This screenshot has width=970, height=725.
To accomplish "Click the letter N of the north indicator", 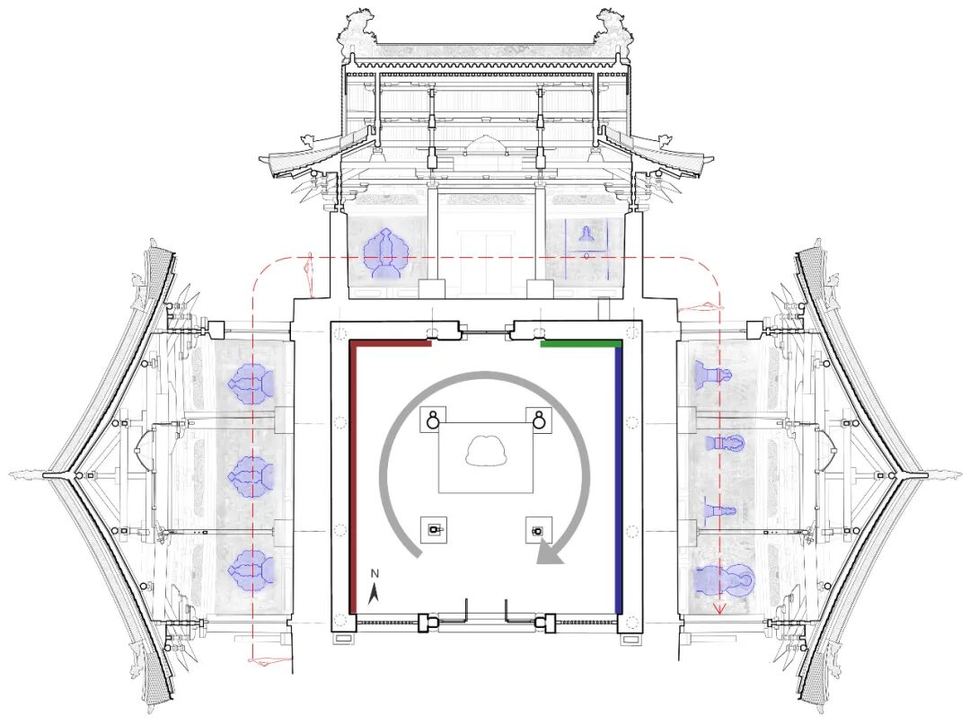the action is [x=375, y=573].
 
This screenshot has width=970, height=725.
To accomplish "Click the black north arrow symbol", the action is [x=374, y=595].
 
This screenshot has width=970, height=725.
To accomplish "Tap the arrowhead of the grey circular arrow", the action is [x=550, y=553].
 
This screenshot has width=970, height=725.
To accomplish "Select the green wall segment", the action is [x=581, y=343].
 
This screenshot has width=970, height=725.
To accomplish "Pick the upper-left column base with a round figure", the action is [x=433, y=420].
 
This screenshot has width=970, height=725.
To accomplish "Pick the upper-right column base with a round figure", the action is [x=539, y=420].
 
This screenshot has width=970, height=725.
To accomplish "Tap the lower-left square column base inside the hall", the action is [x=434, y=530].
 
